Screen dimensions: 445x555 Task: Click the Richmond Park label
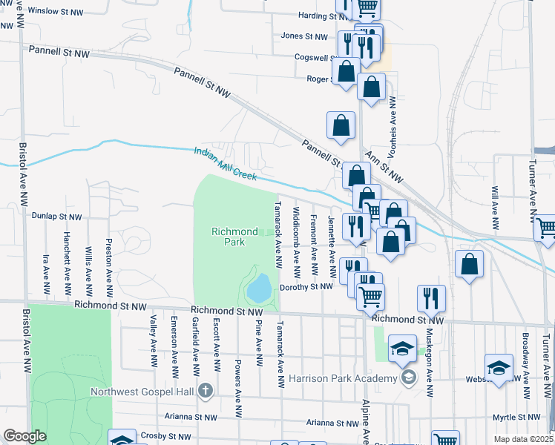pos(234,237)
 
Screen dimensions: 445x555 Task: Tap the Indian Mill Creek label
pos(225,163)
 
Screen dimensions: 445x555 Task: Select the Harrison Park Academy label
pos(339,379)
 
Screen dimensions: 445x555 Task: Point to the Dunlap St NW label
pos(56,217)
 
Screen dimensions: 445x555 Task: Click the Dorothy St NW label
pos(306,287)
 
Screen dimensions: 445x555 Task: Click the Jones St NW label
pos(304,36)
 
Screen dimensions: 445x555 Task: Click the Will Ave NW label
pos(494,207)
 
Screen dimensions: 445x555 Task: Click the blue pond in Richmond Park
pos(259,288)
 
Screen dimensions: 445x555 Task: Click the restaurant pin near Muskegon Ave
pos(431,298)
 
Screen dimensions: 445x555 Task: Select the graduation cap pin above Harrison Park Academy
pos(401,348)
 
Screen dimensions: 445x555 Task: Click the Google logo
pos(24,436)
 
